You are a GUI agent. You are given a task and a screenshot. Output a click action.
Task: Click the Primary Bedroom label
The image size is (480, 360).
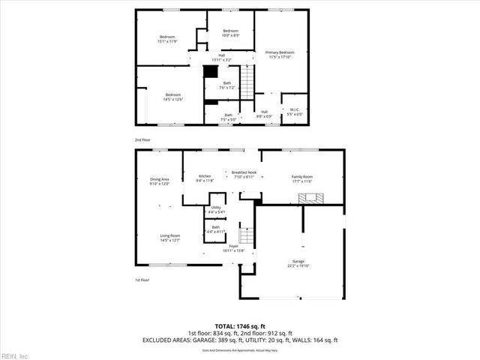click(280, 54)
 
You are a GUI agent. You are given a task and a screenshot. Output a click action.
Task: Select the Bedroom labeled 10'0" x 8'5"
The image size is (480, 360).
click(230, 32)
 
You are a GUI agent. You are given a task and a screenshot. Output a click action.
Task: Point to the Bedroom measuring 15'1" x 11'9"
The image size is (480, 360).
click(166, 40)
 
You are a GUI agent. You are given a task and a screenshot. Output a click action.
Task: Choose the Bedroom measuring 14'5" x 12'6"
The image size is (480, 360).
click(173, 96)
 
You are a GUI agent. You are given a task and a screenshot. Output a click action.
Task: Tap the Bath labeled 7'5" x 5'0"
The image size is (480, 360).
click(228, 116)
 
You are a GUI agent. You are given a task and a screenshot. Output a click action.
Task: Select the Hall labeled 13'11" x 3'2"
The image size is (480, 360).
click(221, 56)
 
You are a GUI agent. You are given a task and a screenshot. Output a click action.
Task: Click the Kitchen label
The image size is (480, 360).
click(205, 178)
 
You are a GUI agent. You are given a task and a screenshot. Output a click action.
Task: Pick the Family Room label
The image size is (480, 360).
click(302, 178)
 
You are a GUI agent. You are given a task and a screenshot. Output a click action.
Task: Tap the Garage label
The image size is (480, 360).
click(298, 263)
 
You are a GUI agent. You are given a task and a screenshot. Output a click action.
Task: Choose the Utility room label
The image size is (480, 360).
click(215, 209)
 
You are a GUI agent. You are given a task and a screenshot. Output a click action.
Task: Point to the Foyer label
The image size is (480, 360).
click(233, 247)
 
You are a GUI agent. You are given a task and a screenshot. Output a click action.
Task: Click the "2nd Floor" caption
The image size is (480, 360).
click(142, 140)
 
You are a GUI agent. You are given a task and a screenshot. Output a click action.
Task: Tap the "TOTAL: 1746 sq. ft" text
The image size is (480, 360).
click(239, 325)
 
